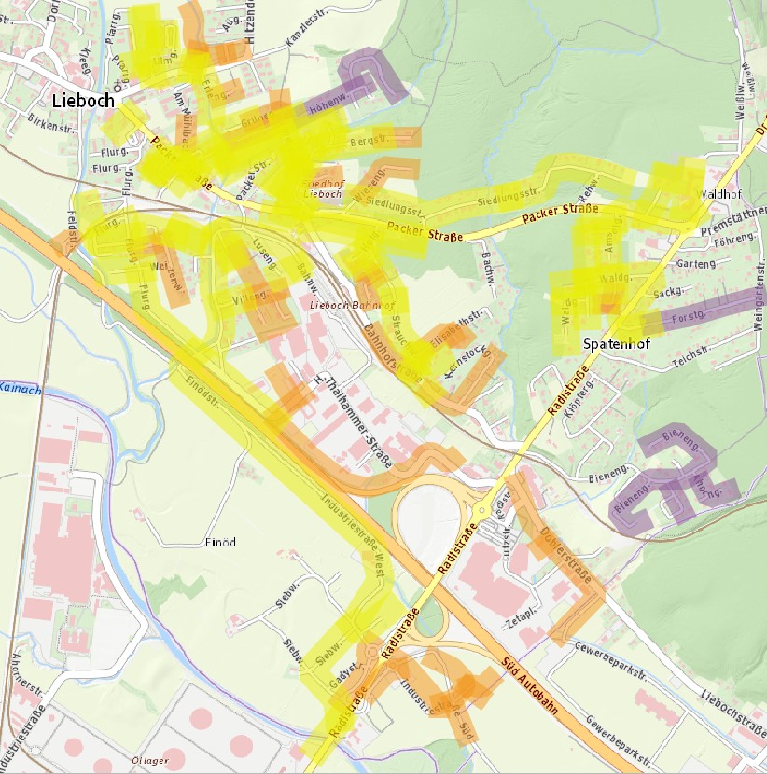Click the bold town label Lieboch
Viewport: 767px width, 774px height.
point(83,101)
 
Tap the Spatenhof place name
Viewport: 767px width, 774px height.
point(616,343)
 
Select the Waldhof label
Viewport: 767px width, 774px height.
point(718,195)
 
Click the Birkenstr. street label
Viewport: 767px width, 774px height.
point(49,120)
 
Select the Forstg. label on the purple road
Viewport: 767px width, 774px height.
point(686,318)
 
